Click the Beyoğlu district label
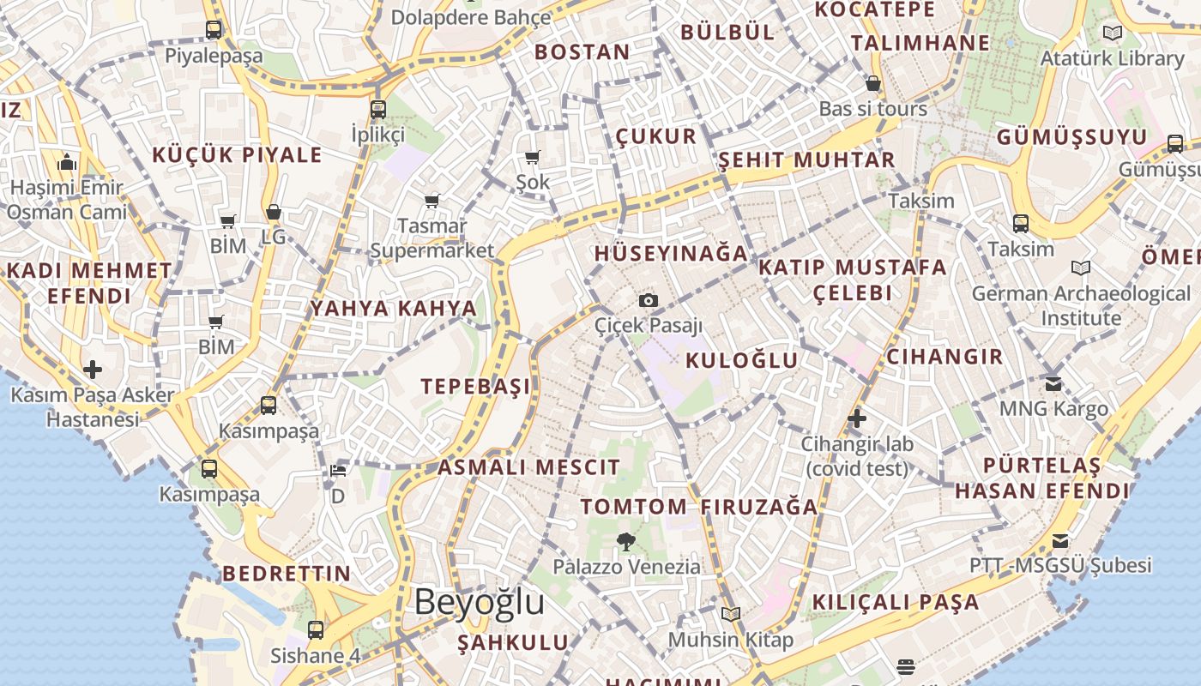(479, 603)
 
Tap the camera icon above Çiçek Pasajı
(649, 300)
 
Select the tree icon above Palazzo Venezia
(626, 541)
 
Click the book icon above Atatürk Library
(1113, 33)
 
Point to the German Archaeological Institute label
(1081, 306)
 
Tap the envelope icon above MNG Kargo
(1053, 383)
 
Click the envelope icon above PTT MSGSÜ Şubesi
(1060, 541)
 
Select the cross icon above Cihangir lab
(856, 419)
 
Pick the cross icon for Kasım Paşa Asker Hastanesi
(93, 370)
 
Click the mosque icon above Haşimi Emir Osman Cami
(67, 162)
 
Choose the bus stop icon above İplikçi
(378, 110)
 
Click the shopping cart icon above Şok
(533, 157)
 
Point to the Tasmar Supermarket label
(432, 238)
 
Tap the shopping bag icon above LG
(273, 212)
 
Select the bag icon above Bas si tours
(873, 84)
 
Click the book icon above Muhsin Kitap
(731, 614)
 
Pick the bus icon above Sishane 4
(316, 630)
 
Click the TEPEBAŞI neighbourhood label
(475, 387)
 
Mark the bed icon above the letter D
(338, 471)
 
